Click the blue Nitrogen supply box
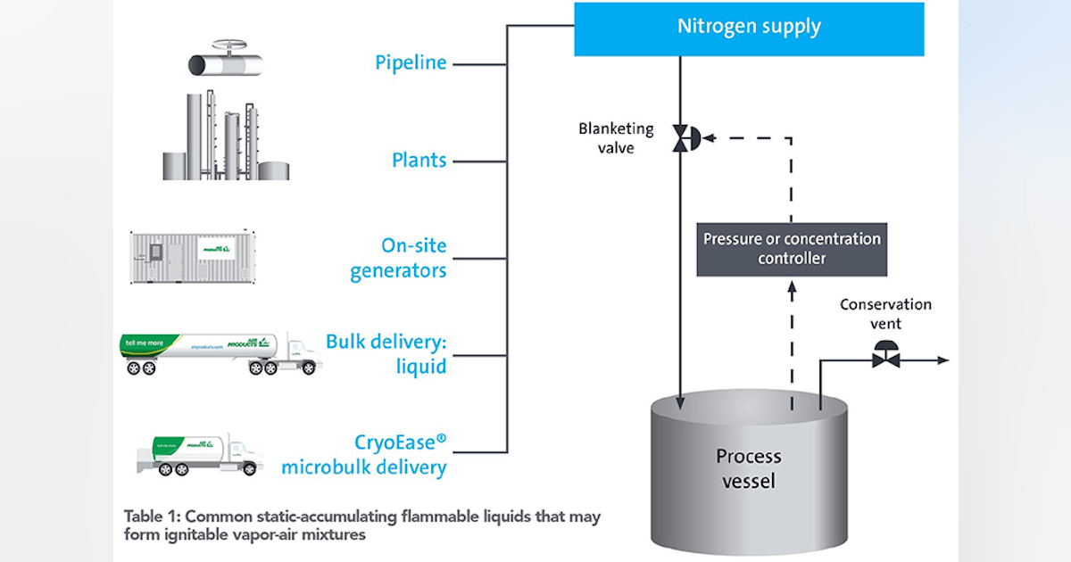point(748,28)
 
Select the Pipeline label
point(411,63)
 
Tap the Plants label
point(419,161)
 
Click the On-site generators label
point(398,259)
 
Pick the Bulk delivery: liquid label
point(386,354)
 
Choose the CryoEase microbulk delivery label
point(364,453)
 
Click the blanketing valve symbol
point(684,138)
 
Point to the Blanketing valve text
point(616,138)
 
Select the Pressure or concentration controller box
point(792,249)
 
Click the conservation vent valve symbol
point(886,356)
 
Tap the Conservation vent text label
point(885,313)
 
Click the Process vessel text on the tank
point(748,468)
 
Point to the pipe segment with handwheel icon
point(223,61)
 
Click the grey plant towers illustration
point(226,138)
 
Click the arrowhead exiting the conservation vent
point(943,360)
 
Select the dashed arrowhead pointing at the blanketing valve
point(708,138)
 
